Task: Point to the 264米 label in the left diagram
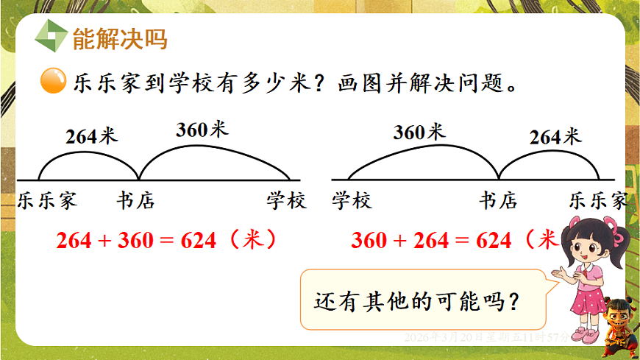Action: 91,136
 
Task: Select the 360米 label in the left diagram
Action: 202,130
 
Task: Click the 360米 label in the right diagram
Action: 419,133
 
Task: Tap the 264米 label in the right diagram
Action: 555,136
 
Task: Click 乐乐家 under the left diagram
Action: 48,200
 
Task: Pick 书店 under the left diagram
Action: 136,200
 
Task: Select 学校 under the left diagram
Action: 286,200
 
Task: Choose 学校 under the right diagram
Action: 352,200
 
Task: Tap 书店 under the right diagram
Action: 498,200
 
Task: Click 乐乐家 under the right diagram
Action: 599,200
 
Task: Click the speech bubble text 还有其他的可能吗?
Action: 417,302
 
